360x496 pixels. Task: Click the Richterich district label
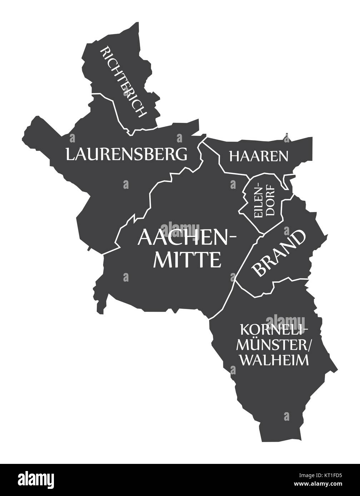point(124,82)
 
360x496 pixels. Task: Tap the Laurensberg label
point(126,154)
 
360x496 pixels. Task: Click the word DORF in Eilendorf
point(270,200)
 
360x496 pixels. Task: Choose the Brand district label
point(279,253)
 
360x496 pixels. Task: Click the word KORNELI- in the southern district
point(274,329)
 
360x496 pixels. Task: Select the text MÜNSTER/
point(274,345)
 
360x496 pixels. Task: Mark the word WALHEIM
point(274,360)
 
